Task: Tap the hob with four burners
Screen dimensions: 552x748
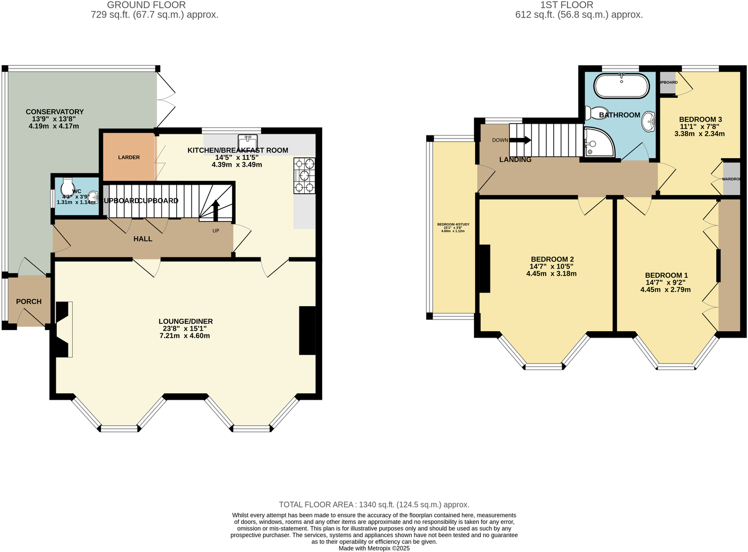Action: coord(304,175)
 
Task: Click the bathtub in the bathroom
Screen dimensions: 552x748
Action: coord(621,86)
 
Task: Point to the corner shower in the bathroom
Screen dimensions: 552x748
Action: coord(598,142)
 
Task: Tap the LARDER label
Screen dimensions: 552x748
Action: coord(129,158)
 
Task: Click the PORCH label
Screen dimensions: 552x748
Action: coord(29,301)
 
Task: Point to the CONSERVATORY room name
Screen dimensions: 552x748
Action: coord(55,111)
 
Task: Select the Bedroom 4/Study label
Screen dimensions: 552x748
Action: coord(453,225)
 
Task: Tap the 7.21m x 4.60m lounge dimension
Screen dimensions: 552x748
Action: coord(185,335)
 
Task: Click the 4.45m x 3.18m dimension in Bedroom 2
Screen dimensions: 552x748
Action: coord(551,274)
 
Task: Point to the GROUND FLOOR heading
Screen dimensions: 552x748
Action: coord(146,5)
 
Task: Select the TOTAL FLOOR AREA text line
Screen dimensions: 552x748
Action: coord(374,505)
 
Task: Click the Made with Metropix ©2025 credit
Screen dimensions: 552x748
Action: coord(374,548)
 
